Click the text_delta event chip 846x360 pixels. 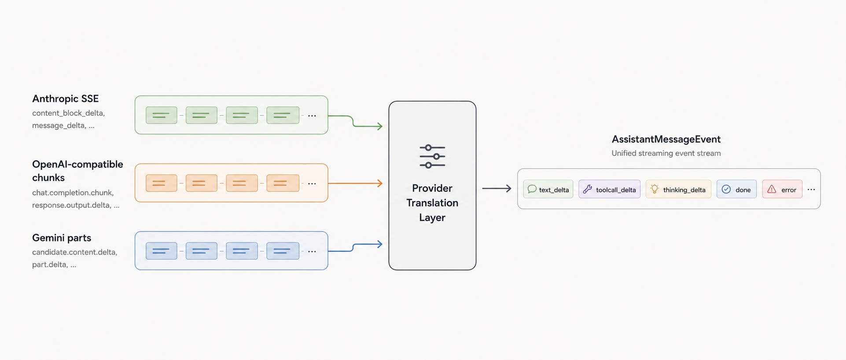(x=548, y=189)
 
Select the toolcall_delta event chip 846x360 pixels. (x=610, y=189)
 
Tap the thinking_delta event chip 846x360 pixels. (x=678, y=189)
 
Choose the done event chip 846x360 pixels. (x=736, y=189)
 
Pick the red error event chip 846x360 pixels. (x=782, y=189)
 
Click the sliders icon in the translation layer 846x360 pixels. (x=432, y=157)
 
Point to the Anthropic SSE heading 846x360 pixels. (x=66, y=99)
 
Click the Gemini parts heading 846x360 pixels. (x=62, y=238)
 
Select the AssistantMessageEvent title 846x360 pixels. (x=666, y=139)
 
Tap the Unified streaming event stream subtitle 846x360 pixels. (x=666, y=153)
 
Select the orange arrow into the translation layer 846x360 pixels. (x=355, y=183)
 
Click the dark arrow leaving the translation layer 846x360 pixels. (x=497, y=188)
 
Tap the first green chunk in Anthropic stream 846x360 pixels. (x=162, y=115)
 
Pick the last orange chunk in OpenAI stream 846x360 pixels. (x=283, y=183)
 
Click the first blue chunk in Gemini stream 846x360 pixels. (x=162, y=251)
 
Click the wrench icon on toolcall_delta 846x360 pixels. (x=588, y=189)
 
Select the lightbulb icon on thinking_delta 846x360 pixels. (x=655, y=189)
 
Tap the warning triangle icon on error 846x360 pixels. (x=772, y=189)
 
